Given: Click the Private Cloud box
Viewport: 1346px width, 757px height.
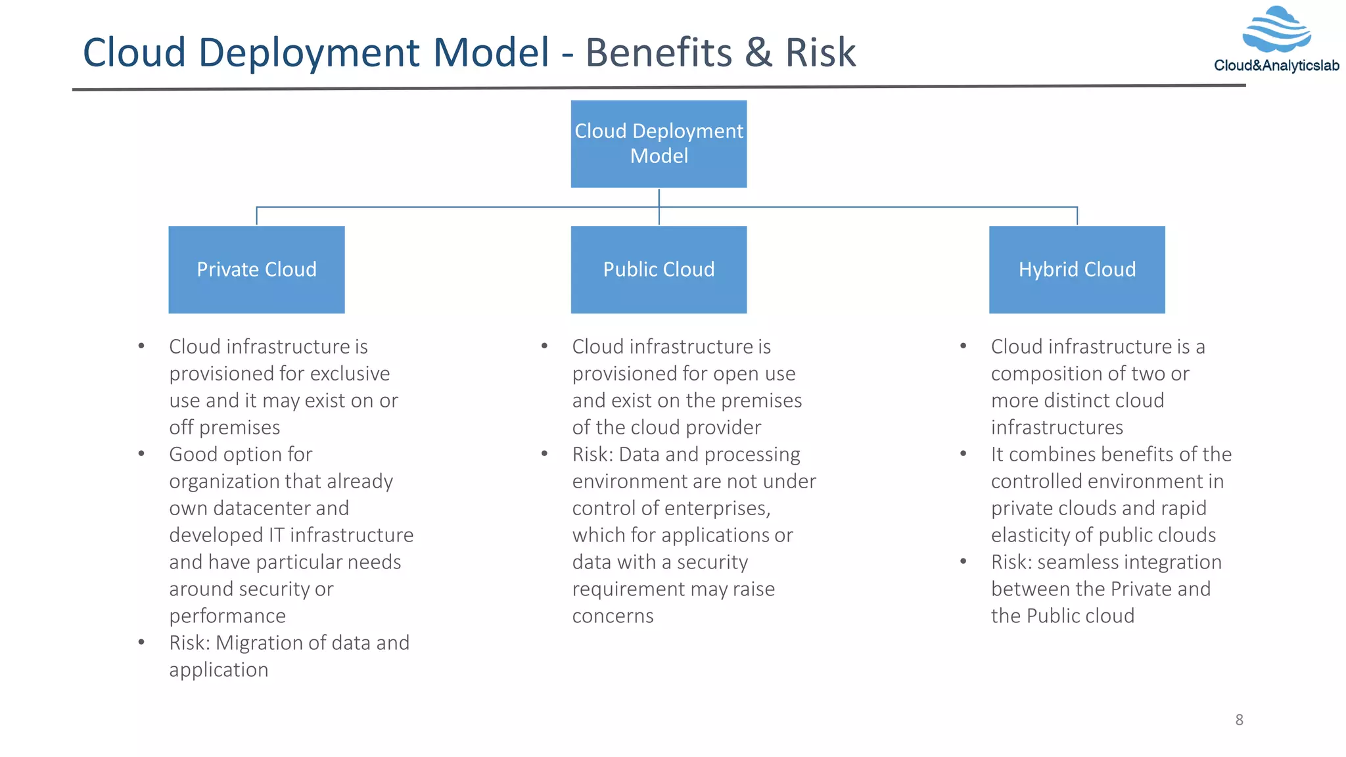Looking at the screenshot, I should [x=256, y=269].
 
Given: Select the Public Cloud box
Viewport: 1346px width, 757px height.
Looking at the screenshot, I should [x=659, y=269].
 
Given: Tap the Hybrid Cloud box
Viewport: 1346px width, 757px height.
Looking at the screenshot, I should [x=1077, y=269].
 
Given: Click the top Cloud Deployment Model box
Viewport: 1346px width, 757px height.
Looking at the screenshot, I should [x=659, y=143].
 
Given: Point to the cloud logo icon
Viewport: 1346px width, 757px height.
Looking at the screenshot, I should [x=1276, y=30].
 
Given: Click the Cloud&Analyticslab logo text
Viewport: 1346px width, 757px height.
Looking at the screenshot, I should [x=1276, y=66].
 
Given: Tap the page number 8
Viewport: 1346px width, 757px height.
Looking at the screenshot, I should [x=1239, y=720].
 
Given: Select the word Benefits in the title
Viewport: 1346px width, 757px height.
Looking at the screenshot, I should [x=659, y=53].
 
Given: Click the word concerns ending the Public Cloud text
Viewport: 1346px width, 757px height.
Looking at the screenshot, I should [x=613, y=616].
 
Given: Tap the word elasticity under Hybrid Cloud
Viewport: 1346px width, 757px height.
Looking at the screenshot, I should [x=1030, y=535].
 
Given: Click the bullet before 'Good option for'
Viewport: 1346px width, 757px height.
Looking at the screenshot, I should [x=141, y=454].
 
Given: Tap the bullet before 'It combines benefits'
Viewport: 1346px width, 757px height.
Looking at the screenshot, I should [x=963, y=454].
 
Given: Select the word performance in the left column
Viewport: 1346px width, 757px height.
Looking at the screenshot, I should [x=227, y=616].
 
